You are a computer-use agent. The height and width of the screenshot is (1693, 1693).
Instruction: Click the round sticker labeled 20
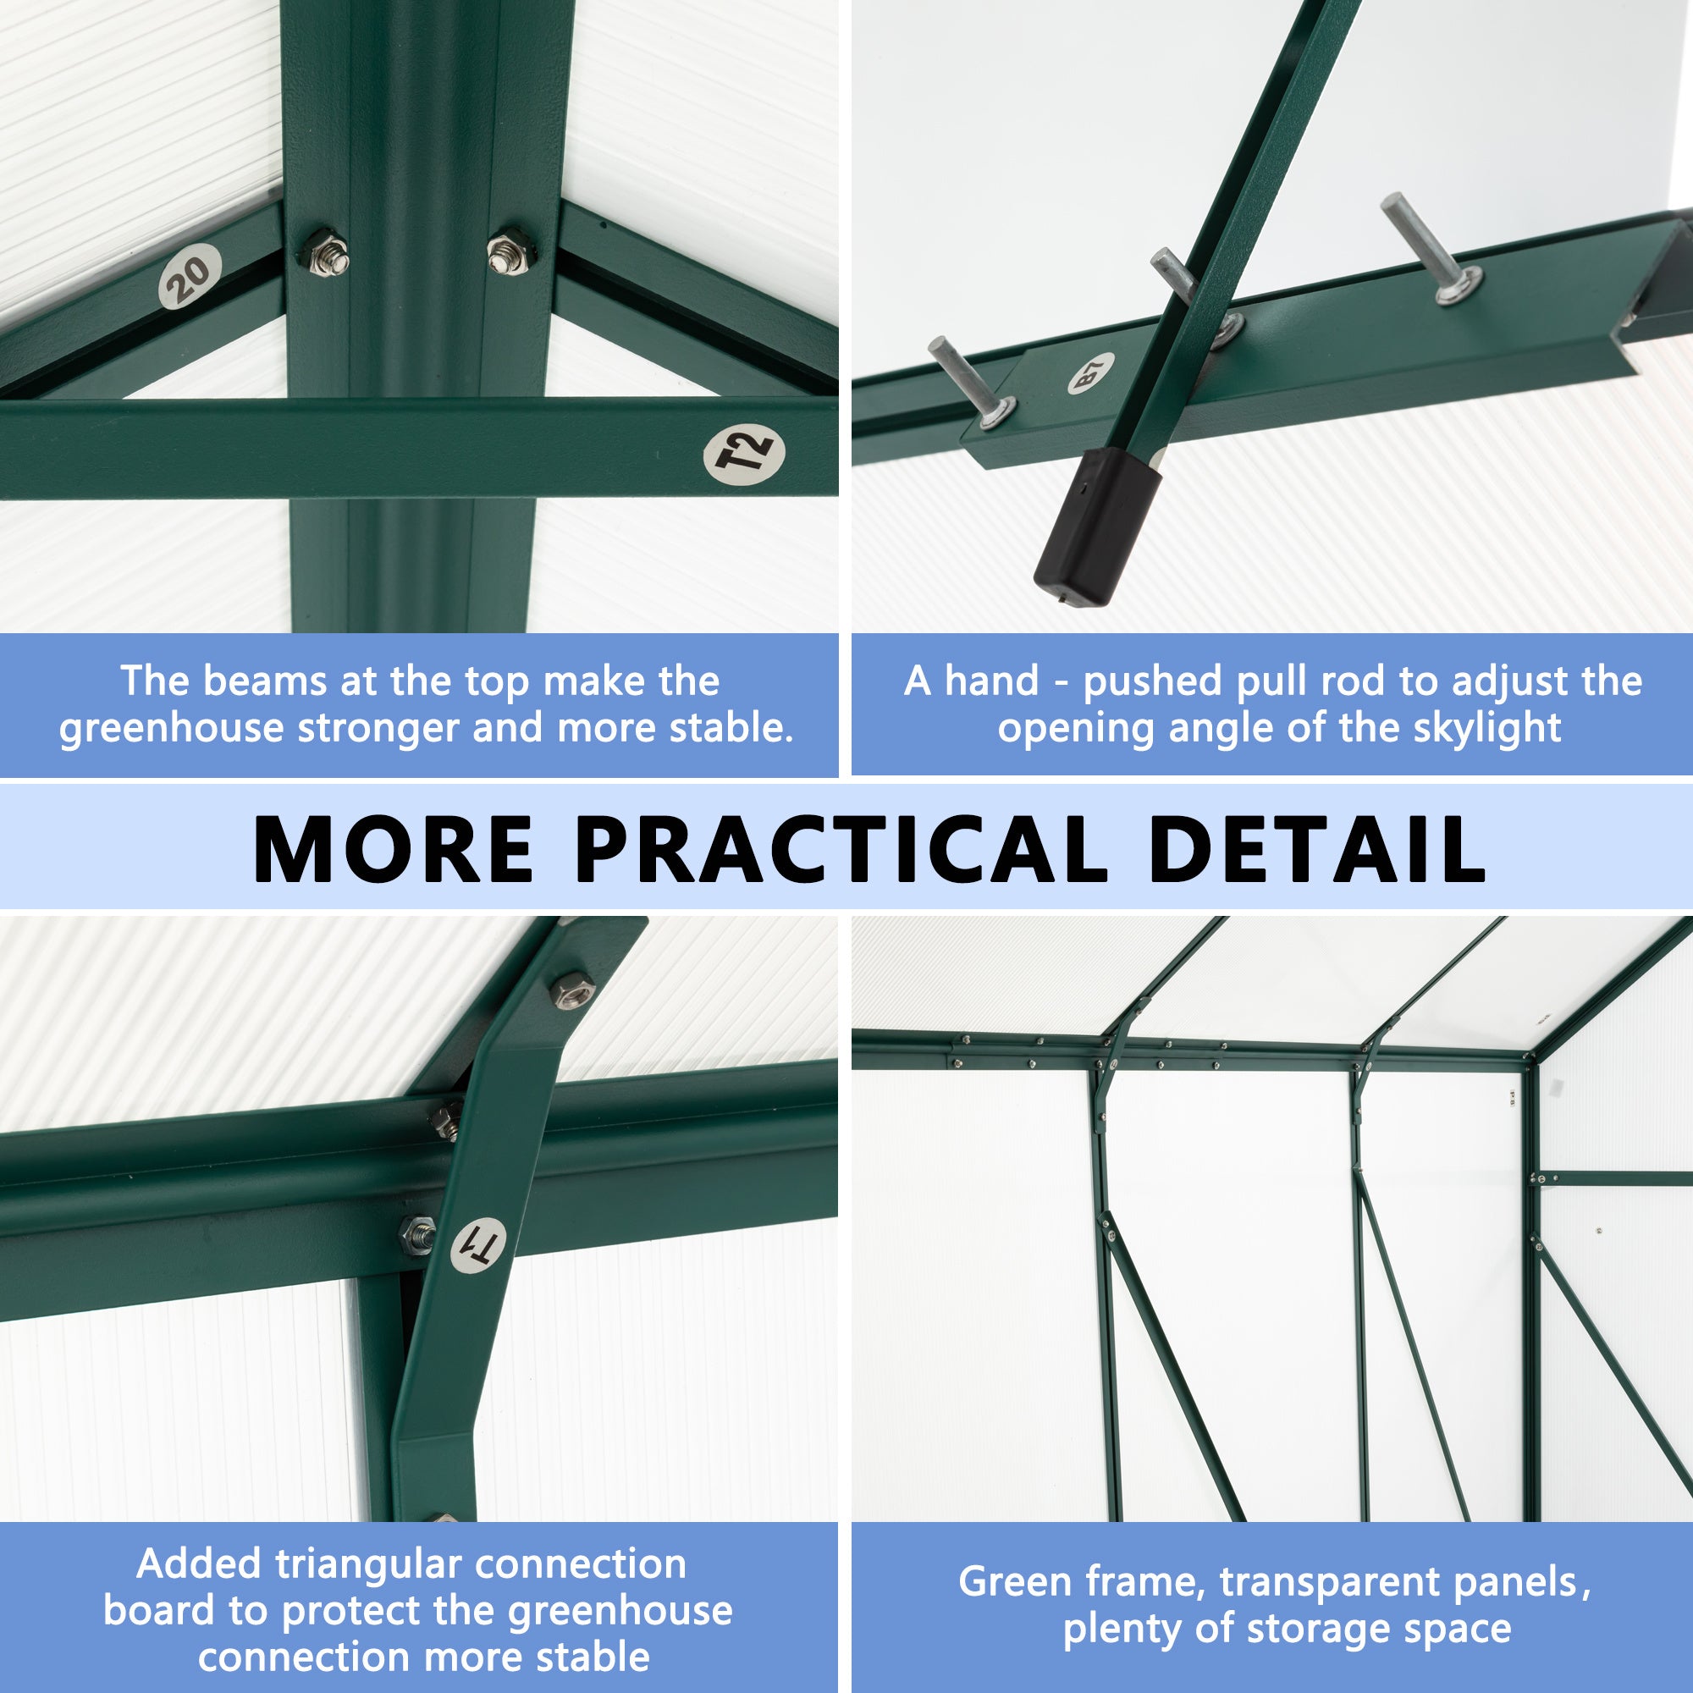pyautogui.click(x=190, y=274)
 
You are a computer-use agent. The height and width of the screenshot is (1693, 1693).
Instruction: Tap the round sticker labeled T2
pyautogui.click(x=744, y=455)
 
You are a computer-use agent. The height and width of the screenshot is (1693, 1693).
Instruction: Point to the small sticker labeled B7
pyautogui.click(x=1091, y=373)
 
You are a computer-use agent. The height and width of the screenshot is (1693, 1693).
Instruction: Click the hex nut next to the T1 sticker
pyautogui.click(x=416, y=1235)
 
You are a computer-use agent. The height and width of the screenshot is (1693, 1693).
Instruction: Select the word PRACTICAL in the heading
pyautogui.click(x=842, y=849)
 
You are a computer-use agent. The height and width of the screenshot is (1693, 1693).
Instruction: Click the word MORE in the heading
pyautogui.click(x=394, y=849)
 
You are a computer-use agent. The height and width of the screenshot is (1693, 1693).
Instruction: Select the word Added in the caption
pyautogui.click(x=199, y=1564)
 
